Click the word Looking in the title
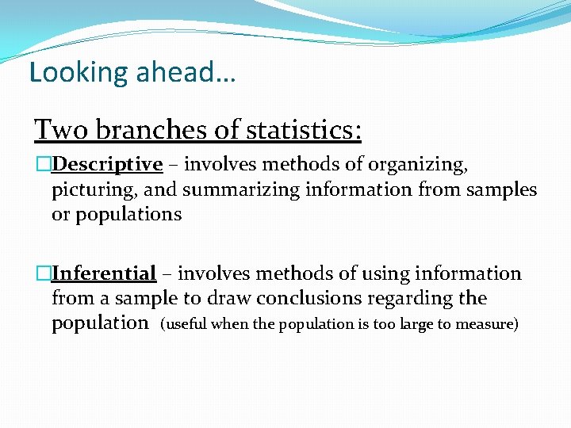[x=67, y=72]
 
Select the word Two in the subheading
[x=57, y=128]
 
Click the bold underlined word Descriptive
[x=107, y=165]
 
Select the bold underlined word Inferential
[x=104, y=274]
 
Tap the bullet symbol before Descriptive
[x=43, y=165]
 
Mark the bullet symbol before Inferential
[x=43, y=274]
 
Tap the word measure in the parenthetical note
[x=488, y=324]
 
